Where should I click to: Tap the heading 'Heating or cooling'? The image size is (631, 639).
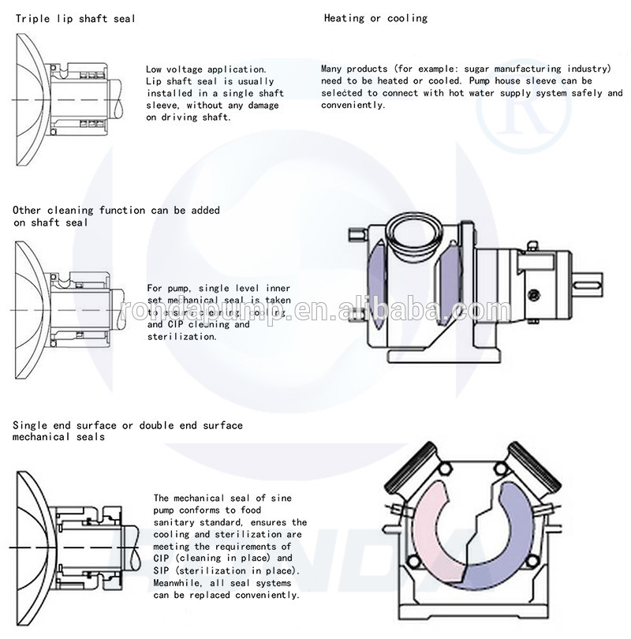pyautogui.click(x=375, y=17)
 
